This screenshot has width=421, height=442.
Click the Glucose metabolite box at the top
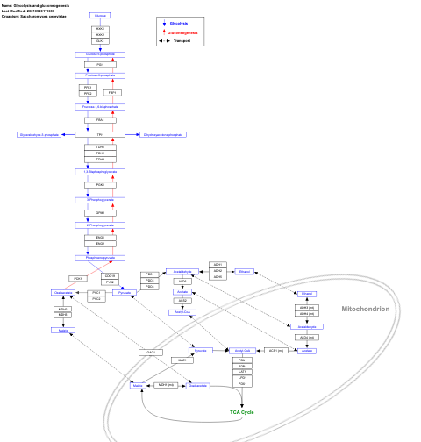[100, 16]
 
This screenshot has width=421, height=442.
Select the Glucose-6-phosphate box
[100, 54]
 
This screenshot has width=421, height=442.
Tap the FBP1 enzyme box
[112, 92]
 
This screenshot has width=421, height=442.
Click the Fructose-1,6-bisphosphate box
[100, 107]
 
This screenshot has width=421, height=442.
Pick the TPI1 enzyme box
[100, 134]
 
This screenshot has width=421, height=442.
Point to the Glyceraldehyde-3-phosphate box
[39, 134]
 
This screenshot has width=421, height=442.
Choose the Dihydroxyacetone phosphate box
[163, 134]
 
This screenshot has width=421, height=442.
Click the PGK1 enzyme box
[100, 185]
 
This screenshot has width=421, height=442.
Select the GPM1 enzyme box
[100, 212]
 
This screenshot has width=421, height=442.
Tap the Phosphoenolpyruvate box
[100, 258]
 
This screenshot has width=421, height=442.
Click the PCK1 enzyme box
[77, 278]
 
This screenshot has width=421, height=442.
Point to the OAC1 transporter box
[150, 352]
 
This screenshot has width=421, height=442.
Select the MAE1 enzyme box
[182, 360]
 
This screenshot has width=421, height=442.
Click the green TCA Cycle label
[242, 412]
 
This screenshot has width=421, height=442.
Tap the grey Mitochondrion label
[365, 309]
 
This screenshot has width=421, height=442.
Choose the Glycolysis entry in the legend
[178, 24]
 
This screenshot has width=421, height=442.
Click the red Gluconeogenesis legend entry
[182, 32]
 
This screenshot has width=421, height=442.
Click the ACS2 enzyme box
[182, 300]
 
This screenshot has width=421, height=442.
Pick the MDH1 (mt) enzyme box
[165, 385]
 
